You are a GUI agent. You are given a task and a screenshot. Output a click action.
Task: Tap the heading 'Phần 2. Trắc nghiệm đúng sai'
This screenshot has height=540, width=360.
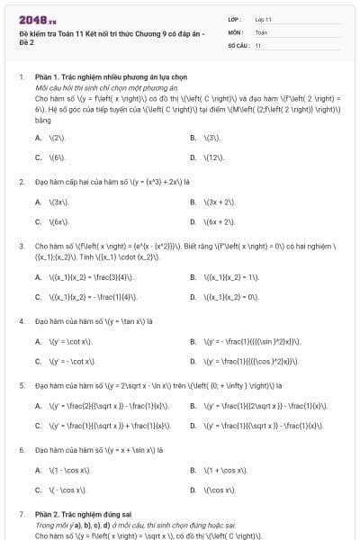point(82,513)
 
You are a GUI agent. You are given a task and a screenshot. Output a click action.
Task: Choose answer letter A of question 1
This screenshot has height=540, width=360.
point(38,138)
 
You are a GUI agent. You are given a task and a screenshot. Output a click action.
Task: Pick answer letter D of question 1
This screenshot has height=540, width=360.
point(193,157)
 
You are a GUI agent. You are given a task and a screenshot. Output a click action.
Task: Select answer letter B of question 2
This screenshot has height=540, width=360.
point(193,202)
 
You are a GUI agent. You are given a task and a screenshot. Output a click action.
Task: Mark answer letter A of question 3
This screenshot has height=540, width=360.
point(38,277)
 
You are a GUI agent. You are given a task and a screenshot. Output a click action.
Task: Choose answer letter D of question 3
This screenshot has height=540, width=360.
point(193,296)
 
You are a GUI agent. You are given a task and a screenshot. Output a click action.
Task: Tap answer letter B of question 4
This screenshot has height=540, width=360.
point(193,341)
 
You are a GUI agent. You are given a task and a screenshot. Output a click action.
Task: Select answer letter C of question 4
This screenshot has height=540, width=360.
point(38,361)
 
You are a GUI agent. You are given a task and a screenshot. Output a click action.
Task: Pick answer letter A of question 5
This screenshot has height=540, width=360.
point(38,405)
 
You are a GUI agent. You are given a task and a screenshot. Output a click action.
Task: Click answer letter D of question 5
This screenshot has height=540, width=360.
point(193,425)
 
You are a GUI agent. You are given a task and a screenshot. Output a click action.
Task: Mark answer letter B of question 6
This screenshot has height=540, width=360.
point(193,470)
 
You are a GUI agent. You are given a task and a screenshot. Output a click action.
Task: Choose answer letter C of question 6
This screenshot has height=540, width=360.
point(38,490)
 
